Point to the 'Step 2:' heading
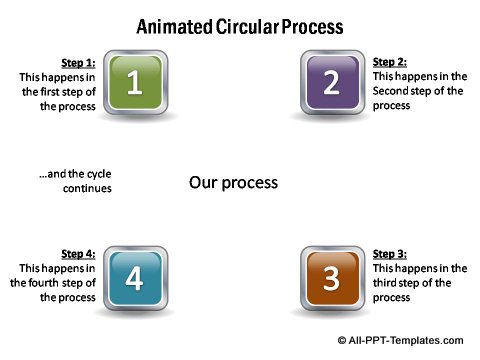[390, 61]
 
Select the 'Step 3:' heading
[390, 254]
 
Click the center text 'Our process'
[233, 183]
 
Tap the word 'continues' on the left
[87, 188]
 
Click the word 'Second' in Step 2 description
[392, 90]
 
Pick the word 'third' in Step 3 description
[387, 283]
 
